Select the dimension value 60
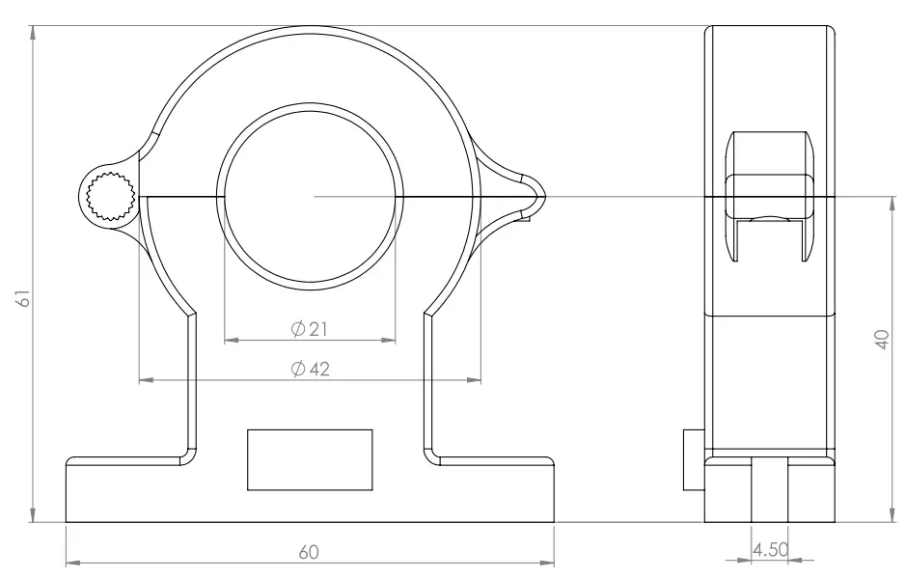(x=309, y=553)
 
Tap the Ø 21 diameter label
(x=309, y=329)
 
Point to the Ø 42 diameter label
(x=309, y=369)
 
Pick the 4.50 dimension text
(x=769, y=549)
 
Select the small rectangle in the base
(x=310, y=460)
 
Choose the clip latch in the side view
(x=769, y=198)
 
